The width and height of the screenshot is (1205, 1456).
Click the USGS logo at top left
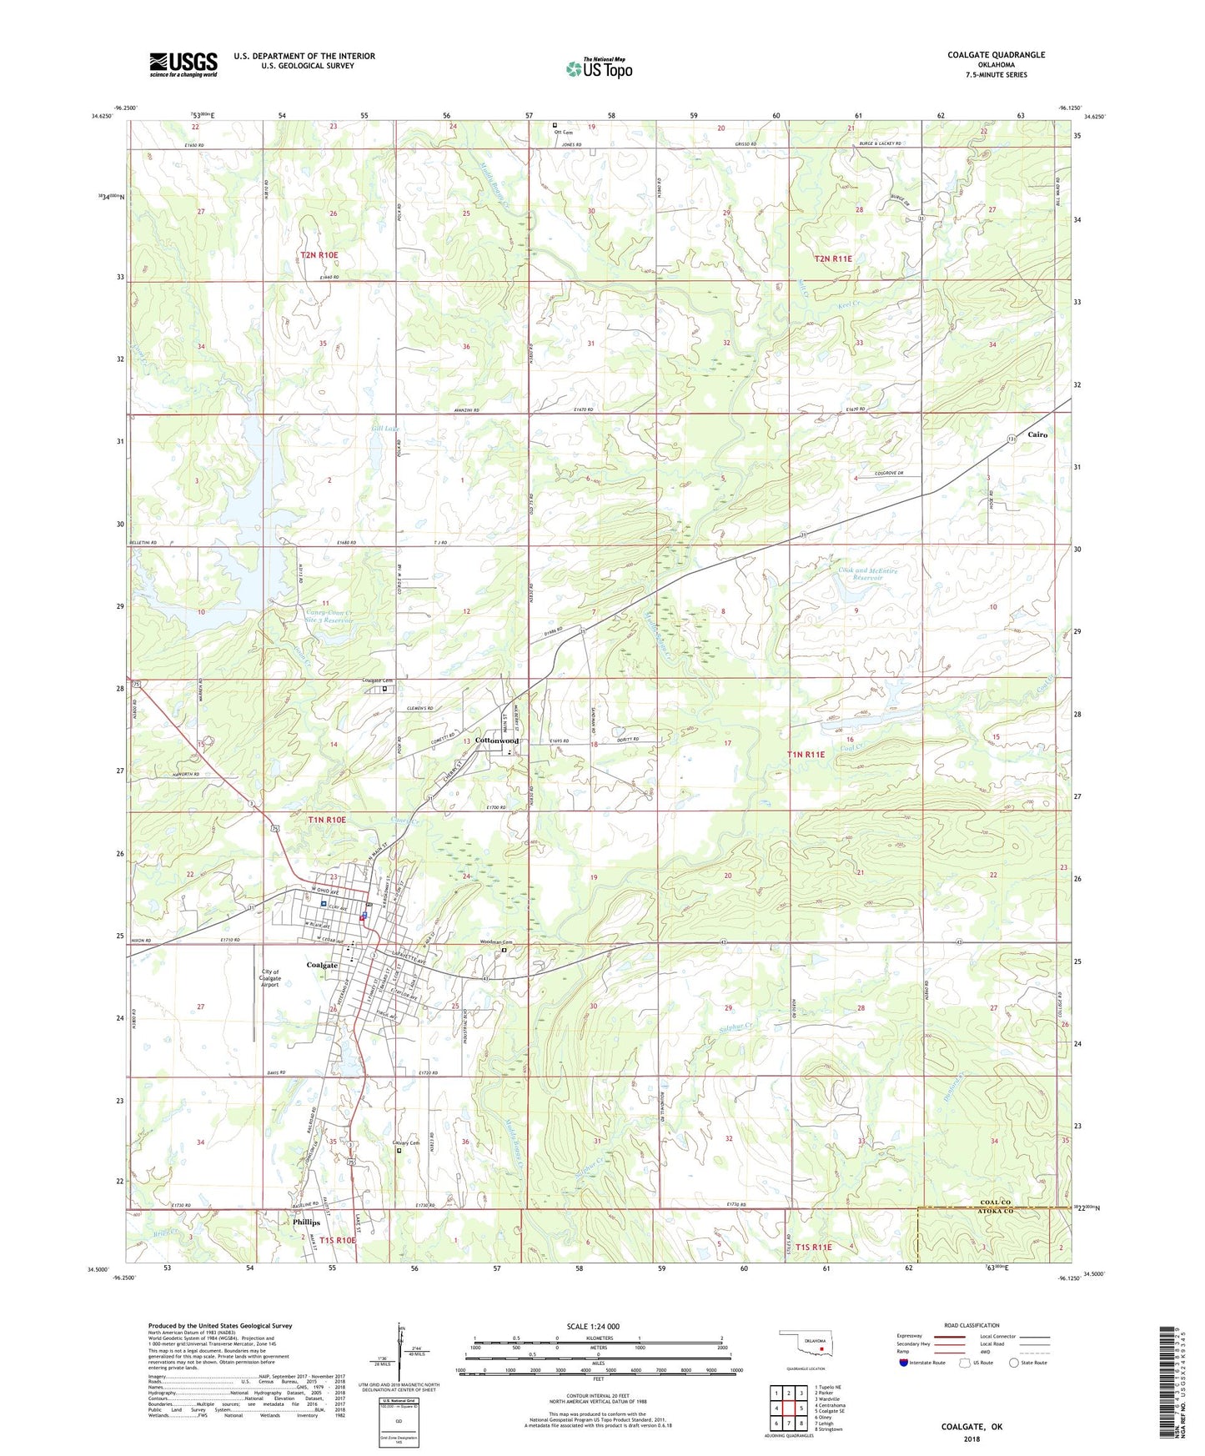tap(183, 64)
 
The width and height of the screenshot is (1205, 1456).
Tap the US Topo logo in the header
tap(599, 68)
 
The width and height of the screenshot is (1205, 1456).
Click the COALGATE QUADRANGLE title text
tap(996, 55)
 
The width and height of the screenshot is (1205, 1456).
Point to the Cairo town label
tap(1037, 434)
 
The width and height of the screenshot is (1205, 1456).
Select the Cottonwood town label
tap(497, 741)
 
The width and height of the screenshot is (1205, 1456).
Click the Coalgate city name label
tap(323, 965)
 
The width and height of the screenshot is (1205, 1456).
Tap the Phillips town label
tap(307, 1223)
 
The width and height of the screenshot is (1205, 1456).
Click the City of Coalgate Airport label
tap(270, 978)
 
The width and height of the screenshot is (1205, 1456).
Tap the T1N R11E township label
tap(806, 754)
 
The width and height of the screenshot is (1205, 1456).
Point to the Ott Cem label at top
tap(563, 132)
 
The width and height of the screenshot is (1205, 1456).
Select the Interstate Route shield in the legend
tap(905, 1363)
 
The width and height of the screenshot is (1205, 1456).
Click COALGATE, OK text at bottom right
tap(972, 1427)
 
